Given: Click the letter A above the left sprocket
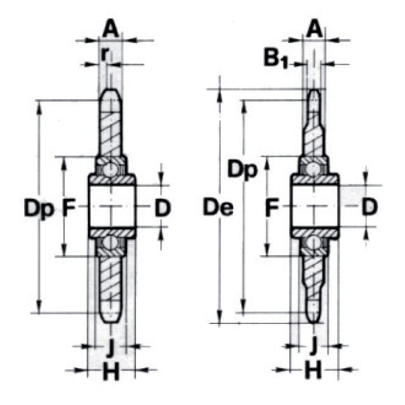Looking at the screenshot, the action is click(111, 29).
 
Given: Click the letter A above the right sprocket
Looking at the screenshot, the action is click(315, 29).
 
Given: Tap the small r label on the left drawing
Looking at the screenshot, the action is click(104, 54).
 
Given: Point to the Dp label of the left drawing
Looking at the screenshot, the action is click(39, 208).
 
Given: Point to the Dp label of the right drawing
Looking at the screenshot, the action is click(242, 170).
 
